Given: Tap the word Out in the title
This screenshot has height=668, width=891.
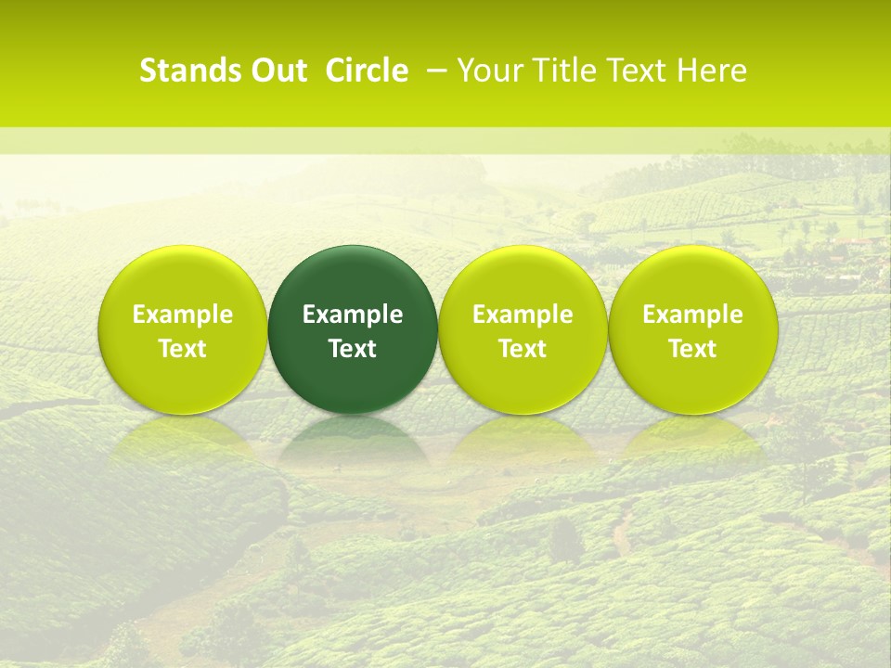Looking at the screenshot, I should click(x=276, y=71).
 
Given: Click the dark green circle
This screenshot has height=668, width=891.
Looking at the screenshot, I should click(x=353, y=278).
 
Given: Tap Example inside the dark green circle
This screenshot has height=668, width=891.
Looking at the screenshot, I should click(x=353, y=315).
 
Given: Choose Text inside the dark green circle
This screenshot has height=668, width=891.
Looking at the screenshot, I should click(x=353, y=349).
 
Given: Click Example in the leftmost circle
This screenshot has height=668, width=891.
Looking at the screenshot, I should click(x=183, y=315).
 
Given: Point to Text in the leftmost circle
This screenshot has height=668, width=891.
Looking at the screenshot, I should click(x=183, y=349).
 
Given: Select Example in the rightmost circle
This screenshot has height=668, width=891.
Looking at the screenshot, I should click(x=693, y=315).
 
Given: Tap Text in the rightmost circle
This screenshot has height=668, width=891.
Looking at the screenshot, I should click(x=693, y=349).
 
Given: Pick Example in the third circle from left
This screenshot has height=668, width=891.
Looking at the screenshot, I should click(x=523, y=315).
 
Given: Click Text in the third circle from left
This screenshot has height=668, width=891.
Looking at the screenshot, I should click(x=523, y=349).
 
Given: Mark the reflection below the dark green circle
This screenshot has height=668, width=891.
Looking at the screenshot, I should click(x=353, y=441).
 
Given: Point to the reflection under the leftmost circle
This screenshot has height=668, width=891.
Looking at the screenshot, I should click(x=183, y=441).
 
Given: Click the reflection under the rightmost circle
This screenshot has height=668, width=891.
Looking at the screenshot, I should click(x=693, y=441).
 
